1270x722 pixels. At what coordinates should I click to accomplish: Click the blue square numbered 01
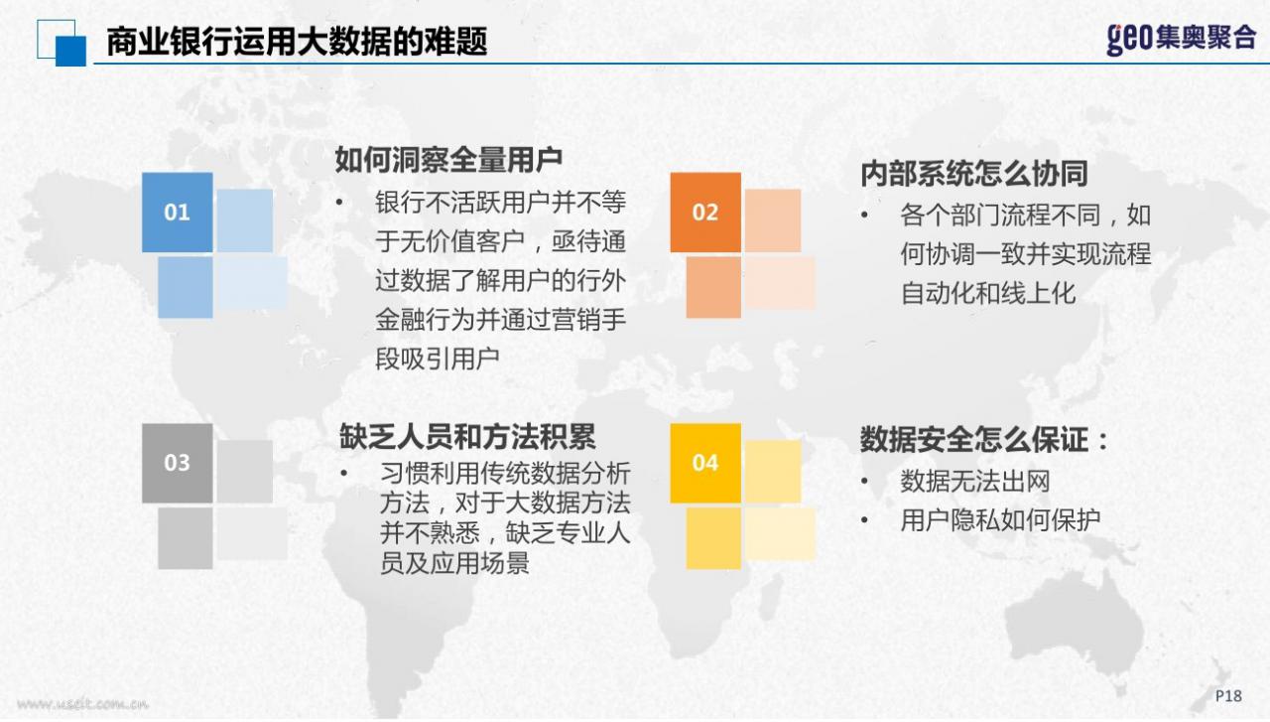tap(178, 213)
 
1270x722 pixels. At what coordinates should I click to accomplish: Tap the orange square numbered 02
tap(705, 213)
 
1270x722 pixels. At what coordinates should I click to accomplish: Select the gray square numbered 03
tap(178, 463)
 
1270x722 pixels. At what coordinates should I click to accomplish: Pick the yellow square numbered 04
tap(705, 463)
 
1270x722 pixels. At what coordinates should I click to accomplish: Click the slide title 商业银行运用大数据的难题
tap(297, 42)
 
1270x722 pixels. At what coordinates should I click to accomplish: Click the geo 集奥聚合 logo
tap(1181, 40)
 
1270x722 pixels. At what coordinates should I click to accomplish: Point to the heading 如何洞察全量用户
tap(448, 160)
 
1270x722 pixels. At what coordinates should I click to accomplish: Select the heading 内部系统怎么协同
tap(974, 174)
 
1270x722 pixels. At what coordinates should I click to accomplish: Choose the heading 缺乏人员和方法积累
tap(467, 437)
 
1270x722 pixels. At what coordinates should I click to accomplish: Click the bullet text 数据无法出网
tap(975, 482)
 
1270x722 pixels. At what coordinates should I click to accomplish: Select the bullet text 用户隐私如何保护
tap(1000, 520)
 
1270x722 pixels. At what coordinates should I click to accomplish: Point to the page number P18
tap(1228, 696)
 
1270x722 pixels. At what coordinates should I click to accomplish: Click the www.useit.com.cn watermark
tap(82, 704)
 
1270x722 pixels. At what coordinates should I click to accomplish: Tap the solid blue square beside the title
tap(70, 51)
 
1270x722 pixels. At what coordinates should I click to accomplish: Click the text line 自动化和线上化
tap(987, 293)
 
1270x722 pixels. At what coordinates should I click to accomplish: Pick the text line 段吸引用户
tap(438, 359)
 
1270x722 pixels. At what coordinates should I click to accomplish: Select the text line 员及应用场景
tap(454, 563)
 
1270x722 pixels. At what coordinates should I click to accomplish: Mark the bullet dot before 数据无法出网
tap(864, 482)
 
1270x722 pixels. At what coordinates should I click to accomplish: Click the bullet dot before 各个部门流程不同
tap(864, 216)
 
